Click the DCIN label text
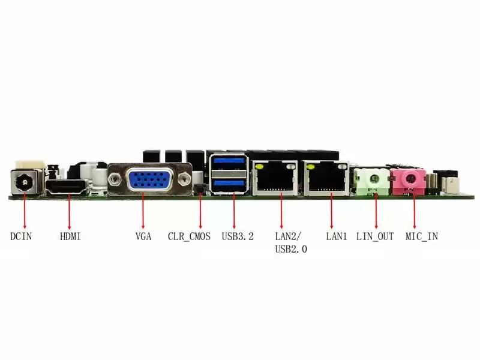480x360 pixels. tap(21, 236)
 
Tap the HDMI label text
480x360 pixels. tap(70, 236)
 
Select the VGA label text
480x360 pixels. tap(143, 236)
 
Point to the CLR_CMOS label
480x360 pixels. tap(189, 236)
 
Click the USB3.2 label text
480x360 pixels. tap(238, 236)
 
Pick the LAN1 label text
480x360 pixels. tap(337, 236)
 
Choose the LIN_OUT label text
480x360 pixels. tap(375, 236)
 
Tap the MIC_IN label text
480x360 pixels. tap(422, 236)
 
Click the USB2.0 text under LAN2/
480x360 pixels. tap(291, 249)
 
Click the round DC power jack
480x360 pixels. tap(25, 183)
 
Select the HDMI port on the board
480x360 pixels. tap(67, 187)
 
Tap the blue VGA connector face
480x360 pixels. tap(149, 179)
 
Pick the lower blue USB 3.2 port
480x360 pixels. tap(230, 185)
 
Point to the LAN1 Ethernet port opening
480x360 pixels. tap(328, 179)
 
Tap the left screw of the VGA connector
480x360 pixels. tap(115, 178)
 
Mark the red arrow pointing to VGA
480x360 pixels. tap(143, 211)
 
